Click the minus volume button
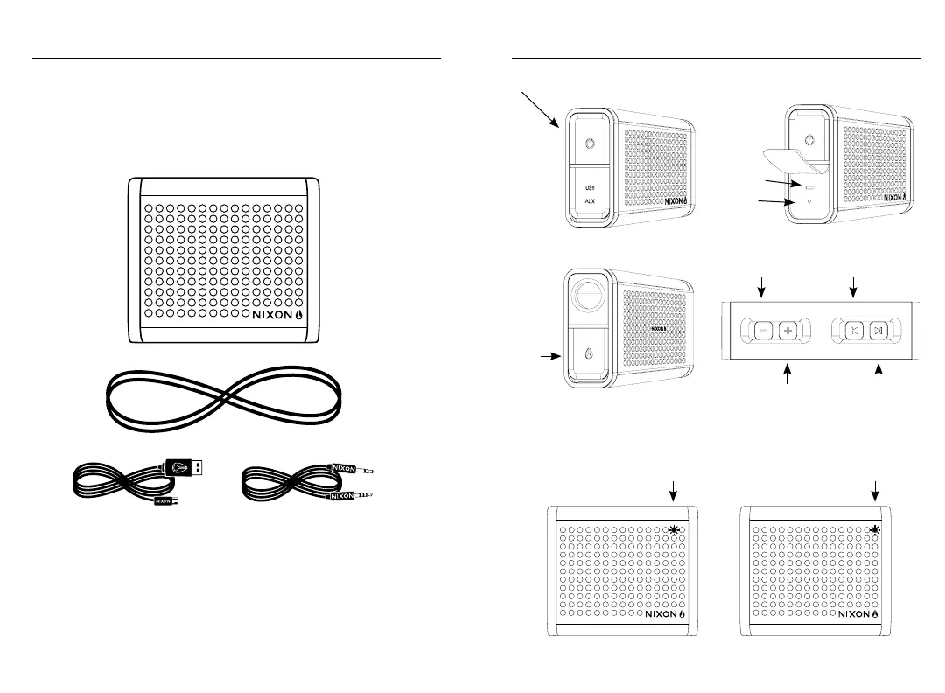763,331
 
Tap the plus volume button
787,331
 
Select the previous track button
855,331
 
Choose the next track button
879,331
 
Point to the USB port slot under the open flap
809,186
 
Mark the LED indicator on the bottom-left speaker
674,530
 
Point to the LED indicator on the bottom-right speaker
875,530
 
